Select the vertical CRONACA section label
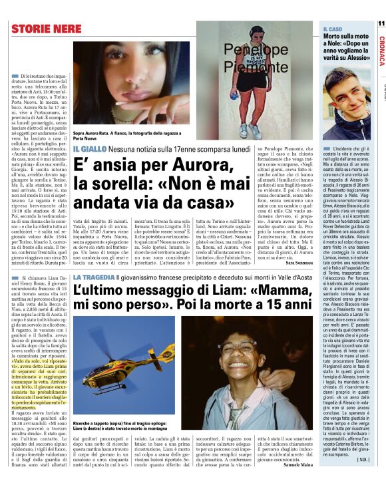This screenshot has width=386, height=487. (x=381, y=50)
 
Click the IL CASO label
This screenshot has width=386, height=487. (x=333, y=30)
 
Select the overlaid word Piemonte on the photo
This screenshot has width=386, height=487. (x=254, y=66)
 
